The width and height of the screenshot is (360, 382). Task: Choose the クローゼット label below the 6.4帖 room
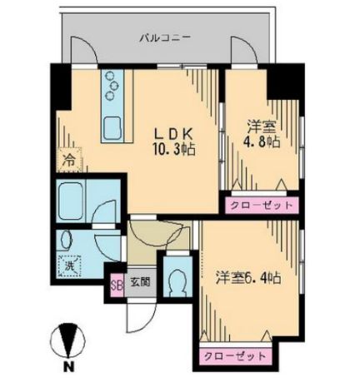(x=237, y=356)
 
